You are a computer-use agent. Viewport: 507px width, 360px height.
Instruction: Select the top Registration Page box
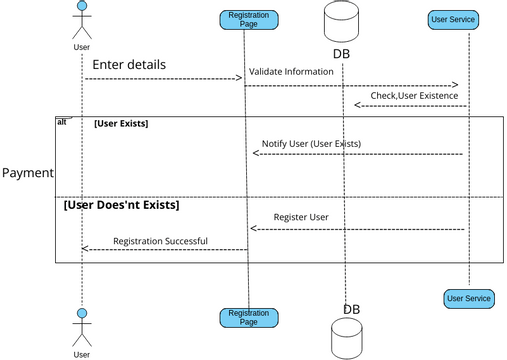pos(248,20)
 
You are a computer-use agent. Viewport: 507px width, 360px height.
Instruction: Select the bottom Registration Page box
pos(248,318)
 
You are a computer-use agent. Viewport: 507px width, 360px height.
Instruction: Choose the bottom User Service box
pos(468,298)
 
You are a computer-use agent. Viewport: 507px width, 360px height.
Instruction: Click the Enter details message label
pos(129,65)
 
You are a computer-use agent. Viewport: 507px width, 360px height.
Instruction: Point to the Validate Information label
pos(291,71)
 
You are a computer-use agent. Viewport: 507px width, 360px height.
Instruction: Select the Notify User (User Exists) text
pos(311,143)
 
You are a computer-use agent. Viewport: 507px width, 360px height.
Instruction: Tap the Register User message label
pos(301,217)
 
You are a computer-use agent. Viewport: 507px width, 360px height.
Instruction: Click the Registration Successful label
pos(160,241)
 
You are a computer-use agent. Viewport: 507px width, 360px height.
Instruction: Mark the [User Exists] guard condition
pos(121,124)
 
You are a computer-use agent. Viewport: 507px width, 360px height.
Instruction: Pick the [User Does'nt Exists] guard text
pos(121,205)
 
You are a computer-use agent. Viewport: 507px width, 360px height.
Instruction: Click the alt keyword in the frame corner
pos(62,121)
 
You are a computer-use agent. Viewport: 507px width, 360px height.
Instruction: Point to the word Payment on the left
pos(27,173)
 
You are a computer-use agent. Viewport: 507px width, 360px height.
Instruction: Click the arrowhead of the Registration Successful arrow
pos(85,249)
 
